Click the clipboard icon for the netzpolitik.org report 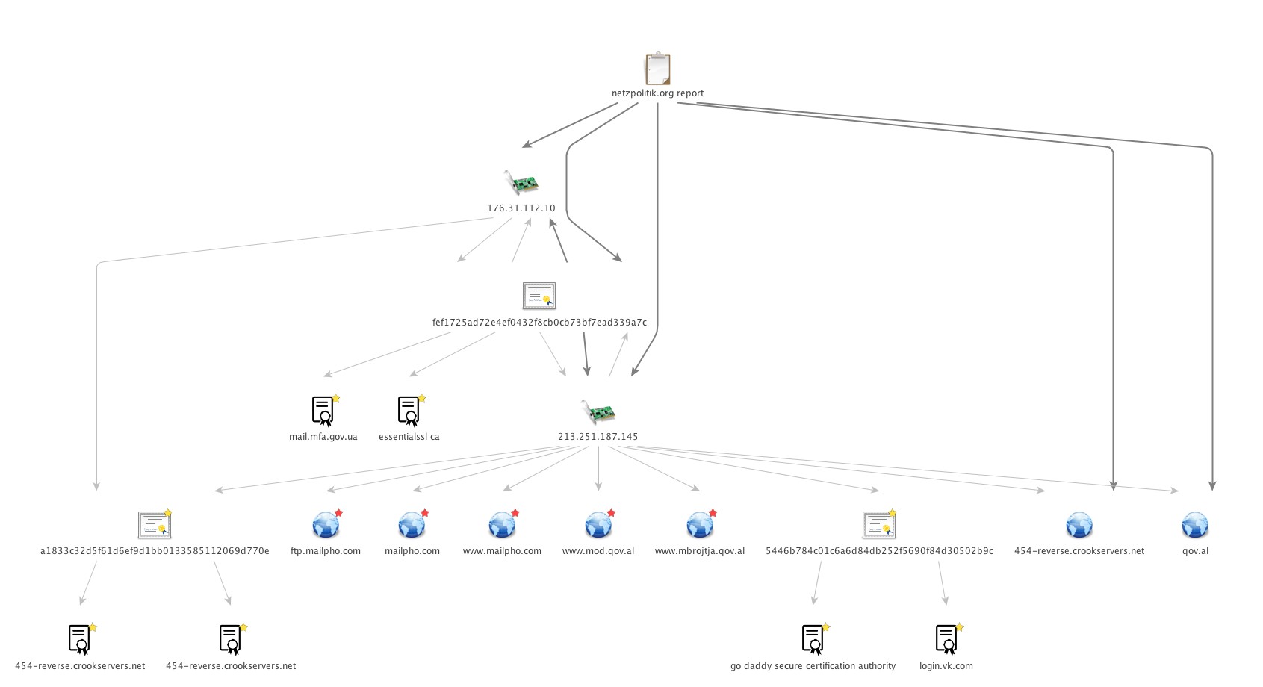657,69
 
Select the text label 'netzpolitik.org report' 657,93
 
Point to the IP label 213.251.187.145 598,437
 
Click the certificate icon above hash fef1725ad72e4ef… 539,296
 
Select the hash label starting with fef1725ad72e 539,323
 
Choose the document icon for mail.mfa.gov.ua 323,411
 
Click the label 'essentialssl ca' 409,437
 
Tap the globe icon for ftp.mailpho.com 325,526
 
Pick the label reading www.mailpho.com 502,551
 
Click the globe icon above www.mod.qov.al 598,526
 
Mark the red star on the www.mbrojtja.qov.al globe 713,513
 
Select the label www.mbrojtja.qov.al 699,551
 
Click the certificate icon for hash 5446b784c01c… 878,526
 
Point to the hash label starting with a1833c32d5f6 155,551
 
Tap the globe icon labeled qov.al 1195,526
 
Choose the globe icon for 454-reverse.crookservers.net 1079,526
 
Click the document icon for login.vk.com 946,640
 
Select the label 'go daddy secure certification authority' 813,666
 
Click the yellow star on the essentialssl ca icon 422,399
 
